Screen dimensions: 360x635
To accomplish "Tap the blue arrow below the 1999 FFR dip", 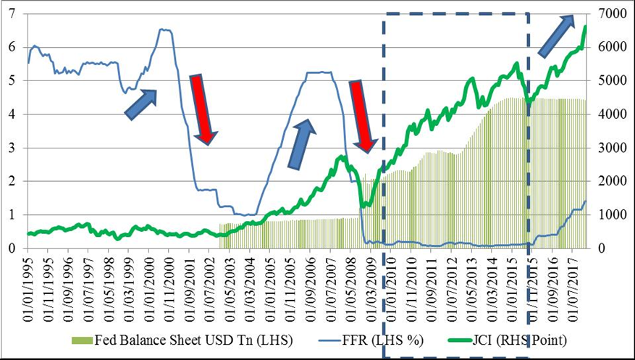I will point(140,104).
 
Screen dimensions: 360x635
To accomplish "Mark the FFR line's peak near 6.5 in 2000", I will point(164,30).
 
